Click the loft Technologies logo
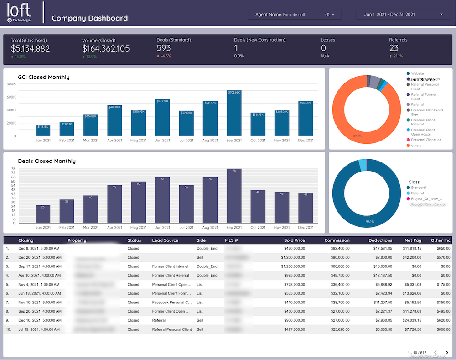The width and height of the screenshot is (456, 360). click(x=19, y=13)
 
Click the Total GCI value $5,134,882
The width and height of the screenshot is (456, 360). click(x=31, y=48)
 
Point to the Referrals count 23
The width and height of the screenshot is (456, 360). click(x=394, y=48)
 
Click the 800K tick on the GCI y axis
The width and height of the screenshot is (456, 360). click(x=11, y=84)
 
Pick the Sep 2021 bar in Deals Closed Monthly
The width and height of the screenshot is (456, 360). click(x=234, y=196)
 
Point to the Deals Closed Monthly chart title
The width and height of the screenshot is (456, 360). click(x=47, y=161)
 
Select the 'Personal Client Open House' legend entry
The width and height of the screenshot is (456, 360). click(x=423, y=132)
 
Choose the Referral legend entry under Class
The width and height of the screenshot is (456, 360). click(x=418, y=193)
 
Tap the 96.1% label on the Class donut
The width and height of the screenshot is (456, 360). click(x=370, y=222)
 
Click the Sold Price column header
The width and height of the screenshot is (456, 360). click(x=294, y=240)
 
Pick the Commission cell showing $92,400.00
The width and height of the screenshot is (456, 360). click(x=337, y=249)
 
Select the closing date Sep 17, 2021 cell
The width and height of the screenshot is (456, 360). click(x=39, y=266)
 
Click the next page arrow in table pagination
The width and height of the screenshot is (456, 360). click(x=446, y=353)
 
